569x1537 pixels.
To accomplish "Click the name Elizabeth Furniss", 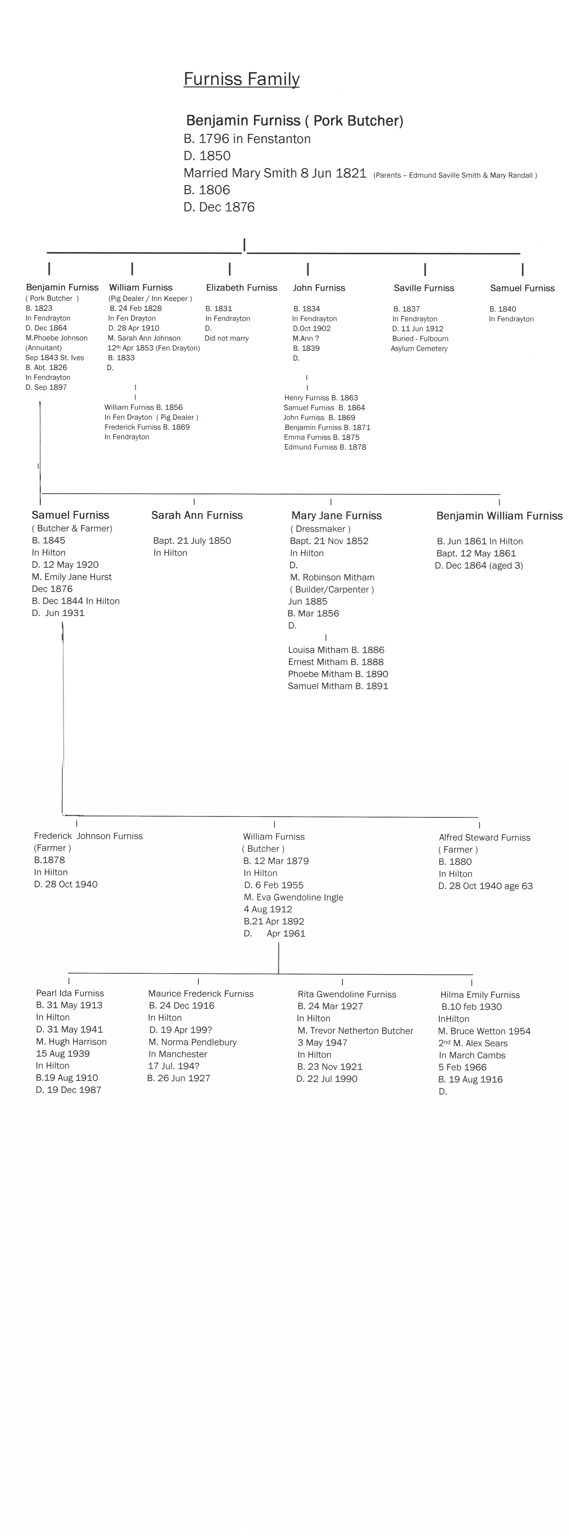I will tap(242, 288).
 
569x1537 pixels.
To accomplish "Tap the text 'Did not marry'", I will tap(227, 338).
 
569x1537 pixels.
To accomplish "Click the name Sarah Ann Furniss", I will tap(197, 515).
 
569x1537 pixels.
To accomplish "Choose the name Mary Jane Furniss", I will tap(336, 515).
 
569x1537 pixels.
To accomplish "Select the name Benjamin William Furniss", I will tap(499, 515).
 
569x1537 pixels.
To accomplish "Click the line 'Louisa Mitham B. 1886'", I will tap(336, 650).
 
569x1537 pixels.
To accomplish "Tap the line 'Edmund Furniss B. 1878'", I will tap(325, 447).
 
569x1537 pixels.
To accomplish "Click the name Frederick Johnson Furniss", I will tap(88, 836).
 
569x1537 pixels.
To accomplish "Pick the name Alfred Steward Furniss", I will tap(484, 837).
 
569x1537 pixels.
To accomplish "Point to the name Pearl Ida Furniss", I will tap(70, 993).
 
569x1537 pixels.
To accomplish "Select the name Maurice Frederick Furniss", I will tap(200, 993).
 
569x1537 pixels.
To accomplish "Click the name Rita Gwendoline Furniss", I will tap(347, 994).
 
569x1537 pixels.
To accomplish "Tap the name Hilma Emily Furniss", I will tap(480, 995).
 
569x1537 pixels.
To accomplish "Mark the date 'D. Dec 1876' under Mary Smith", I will tap(219, 207).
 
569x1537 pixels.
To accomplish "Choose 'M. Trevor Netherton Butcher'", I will tap(355, 1030).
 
